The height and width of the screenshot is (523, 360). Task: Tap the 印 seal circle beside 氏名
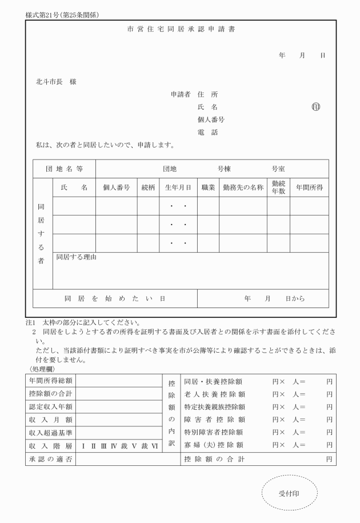pyautogui.click(x=315, y=107)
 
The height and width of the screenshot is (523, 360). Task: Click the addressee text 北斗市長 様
pyautogui.click(x=56, y=82)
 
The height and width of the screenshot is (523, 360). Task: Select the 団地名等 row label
pyautogui.click(x=64, y=169)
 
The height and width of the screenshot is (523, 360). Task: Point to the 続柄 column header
pyautogui.click(x=148, y=187)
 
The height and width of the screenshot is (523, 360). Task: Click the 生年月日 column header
pyautogui.click(x=178, y=187)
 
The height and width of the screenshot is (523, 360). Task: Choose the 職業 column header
pyautogui.click(x=207, y=187)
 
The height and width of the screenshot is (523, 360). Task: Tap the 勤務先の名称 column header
pyautogui.click(x=243, y=187)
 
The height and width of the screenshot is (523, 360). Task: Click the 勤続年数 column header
pyautogui.click(x=278, y=187)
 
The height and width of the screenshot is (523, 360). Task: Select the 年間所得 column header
pyautogui.click(x=309, y=187)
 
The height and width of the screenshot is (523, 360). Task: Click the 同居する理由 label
pyautogui.click(x=76, y=257)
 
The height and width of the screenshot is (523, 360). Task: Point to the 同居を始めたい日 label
pyautogui.click(x=115, y=298)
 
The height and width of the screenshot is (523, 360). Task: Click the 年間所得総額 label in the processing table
pyautogui.click(x=50, y=381)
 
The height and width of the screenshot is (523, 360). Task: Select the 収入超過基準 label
pyautogui.click(x=50, y=432)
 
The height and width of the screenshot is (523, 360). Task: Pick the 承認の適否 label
pyautogui.click(x=50, y=460)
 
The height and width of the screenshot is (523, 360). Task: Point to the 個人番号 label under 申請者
pyautogui.click(x=210, y=119)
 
